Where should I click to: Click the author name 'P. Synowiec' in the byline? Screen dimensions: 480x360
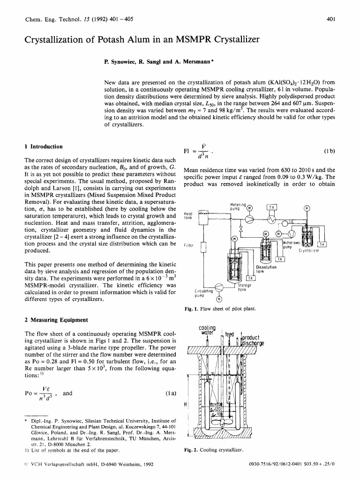(120, 61)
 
